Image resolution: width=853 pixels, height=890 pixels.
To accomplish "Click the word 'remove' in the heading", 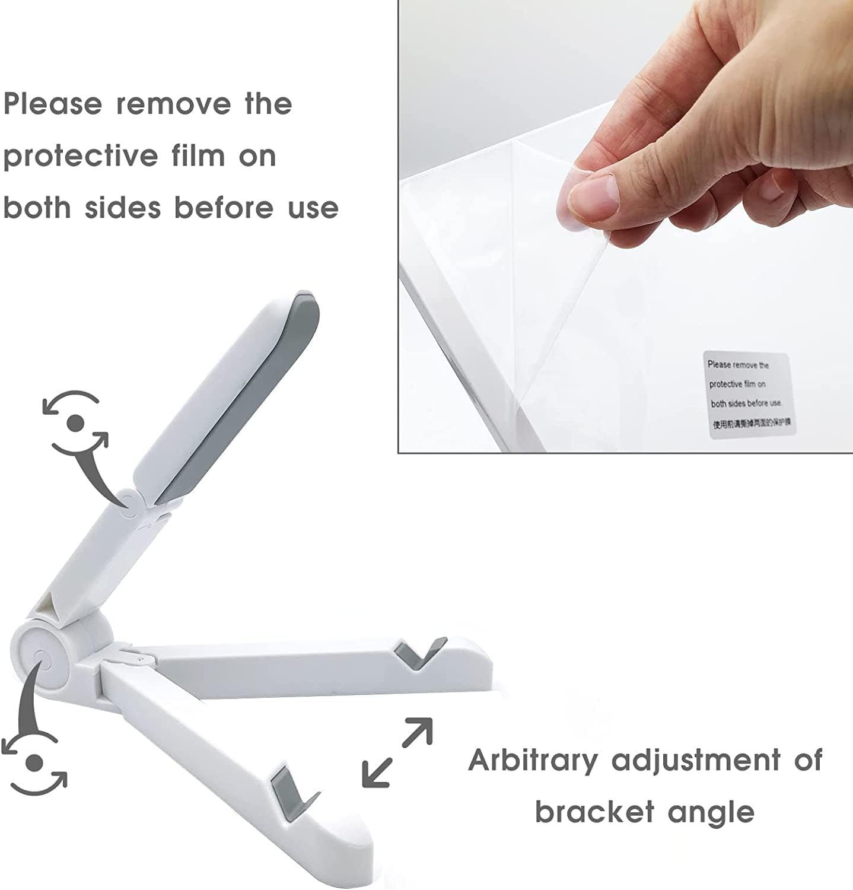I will tap(173, 104).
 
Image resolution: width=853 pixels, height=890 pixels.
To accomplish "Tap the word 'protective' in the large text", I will tap(81, 157).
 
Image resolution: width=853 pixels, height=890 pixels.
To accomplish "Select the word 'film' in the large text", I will tap(198, 155).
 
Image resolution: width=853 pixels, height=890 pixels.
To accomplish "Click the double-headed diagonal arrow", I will tap(397, 752).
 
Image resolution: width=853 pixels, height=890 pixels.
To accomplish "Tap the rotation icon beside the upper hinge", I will tap(75, 422).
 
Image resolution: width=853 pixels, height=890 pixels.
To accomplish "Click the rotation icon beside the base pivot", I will tap(34, 762).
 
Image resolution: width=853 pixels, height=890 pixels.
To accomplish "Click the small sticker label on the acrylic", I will tap(749, 395).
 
